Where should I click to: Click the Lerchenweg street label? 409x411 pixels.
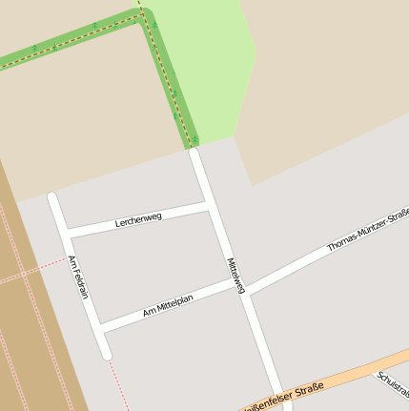[x=138, y=220]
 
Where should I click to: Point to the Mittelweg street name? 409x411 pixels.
[x=235, y=275]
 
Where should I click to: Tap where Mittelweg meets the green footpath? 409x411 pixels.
[x=194, y=148]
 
